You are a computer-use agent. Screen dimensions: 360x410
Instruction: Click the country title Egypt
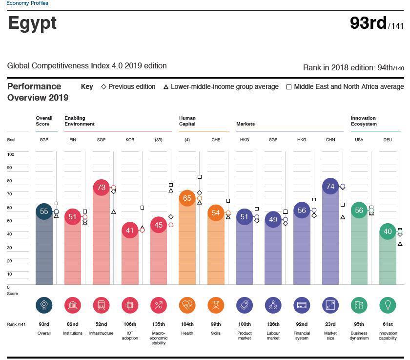(x=32, y=23)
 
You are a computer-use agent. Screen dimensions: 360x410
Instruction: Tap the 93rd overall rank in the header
(x=368, y=23)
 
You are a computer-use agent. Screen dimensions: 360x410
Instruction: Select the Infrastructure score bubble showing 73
(x=101, y=187)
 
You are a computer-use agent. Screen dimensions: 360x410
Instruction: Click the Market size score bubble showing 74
(x=330, y=186)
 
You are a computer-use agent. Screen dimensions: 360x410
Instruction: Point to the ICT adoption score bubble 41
(x=130, y=230)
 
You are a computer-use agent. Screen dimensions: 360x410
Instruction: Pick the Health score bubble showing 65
(x=187, y=198)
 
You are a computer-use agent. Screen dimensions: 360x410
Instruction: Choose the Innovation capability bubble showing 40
(x=388, y=232)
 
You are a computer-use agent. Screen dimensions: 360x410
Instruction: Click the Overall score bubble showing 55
(x=44, y=212)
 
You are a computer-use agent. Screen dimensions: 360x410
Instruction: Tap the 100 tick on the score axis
(x=11, y=154)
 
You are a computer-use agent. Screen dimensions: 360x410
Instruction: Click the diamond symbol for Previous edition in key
(x=103, y=86)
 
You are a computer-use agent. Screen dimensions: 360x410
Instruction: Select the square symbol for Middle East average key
(x=289, y=87)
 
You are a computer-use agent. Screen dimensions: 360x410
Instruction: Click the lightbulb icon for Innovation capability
(x=388, y=305)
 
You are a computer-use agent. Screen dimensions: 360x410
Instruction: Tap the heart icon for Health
(x=187, y=305)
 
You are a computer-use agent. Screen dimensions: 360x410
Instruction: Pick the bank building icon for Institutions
(x=73, y=305)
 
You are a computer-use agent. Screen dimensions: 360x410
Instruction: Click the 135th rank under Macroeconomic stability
(x=159, y=324)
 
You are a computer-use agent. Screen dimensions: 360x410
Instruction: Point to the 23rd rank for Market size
(x=330, y=324)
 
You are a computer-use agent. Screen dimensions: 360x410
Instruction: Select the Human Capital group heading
(x=187, y=121)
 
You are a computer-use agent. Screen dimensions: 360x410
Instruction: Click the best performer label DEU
(x=388, y=140)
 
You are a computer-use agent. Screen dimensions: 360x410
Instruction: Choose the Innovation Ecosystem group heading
(x=364, y=121)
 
